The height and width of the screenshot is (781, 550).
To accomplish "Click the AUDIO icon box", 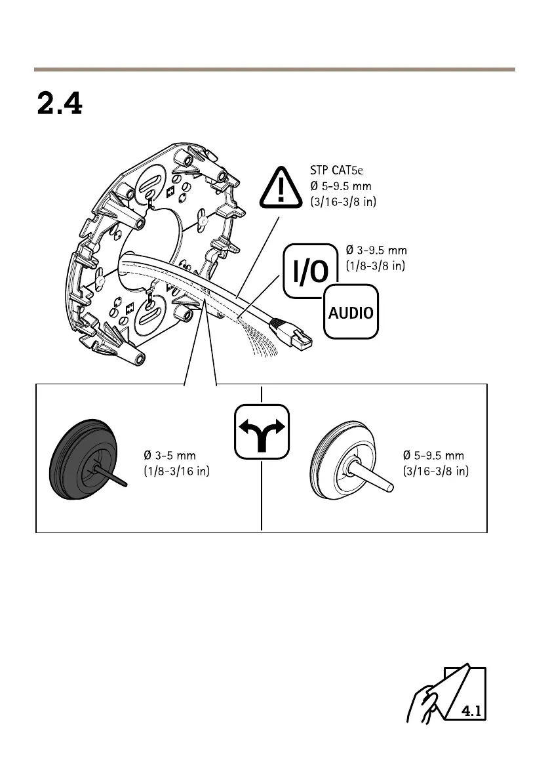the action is click(x=351, y=311).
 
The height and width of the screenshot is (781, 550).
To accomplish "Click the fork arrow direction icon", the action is click(x=262, y=430).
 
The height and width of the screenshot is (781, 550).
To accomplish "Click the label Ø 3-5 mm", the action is click(x=170, y=455).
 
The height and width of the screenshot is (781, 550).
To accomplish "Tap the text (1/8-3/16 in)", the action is click(x=176, y=471).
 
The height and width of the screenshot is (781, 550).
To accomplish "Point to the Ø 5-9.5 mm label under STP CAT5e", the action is click(x=341, y=186).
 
